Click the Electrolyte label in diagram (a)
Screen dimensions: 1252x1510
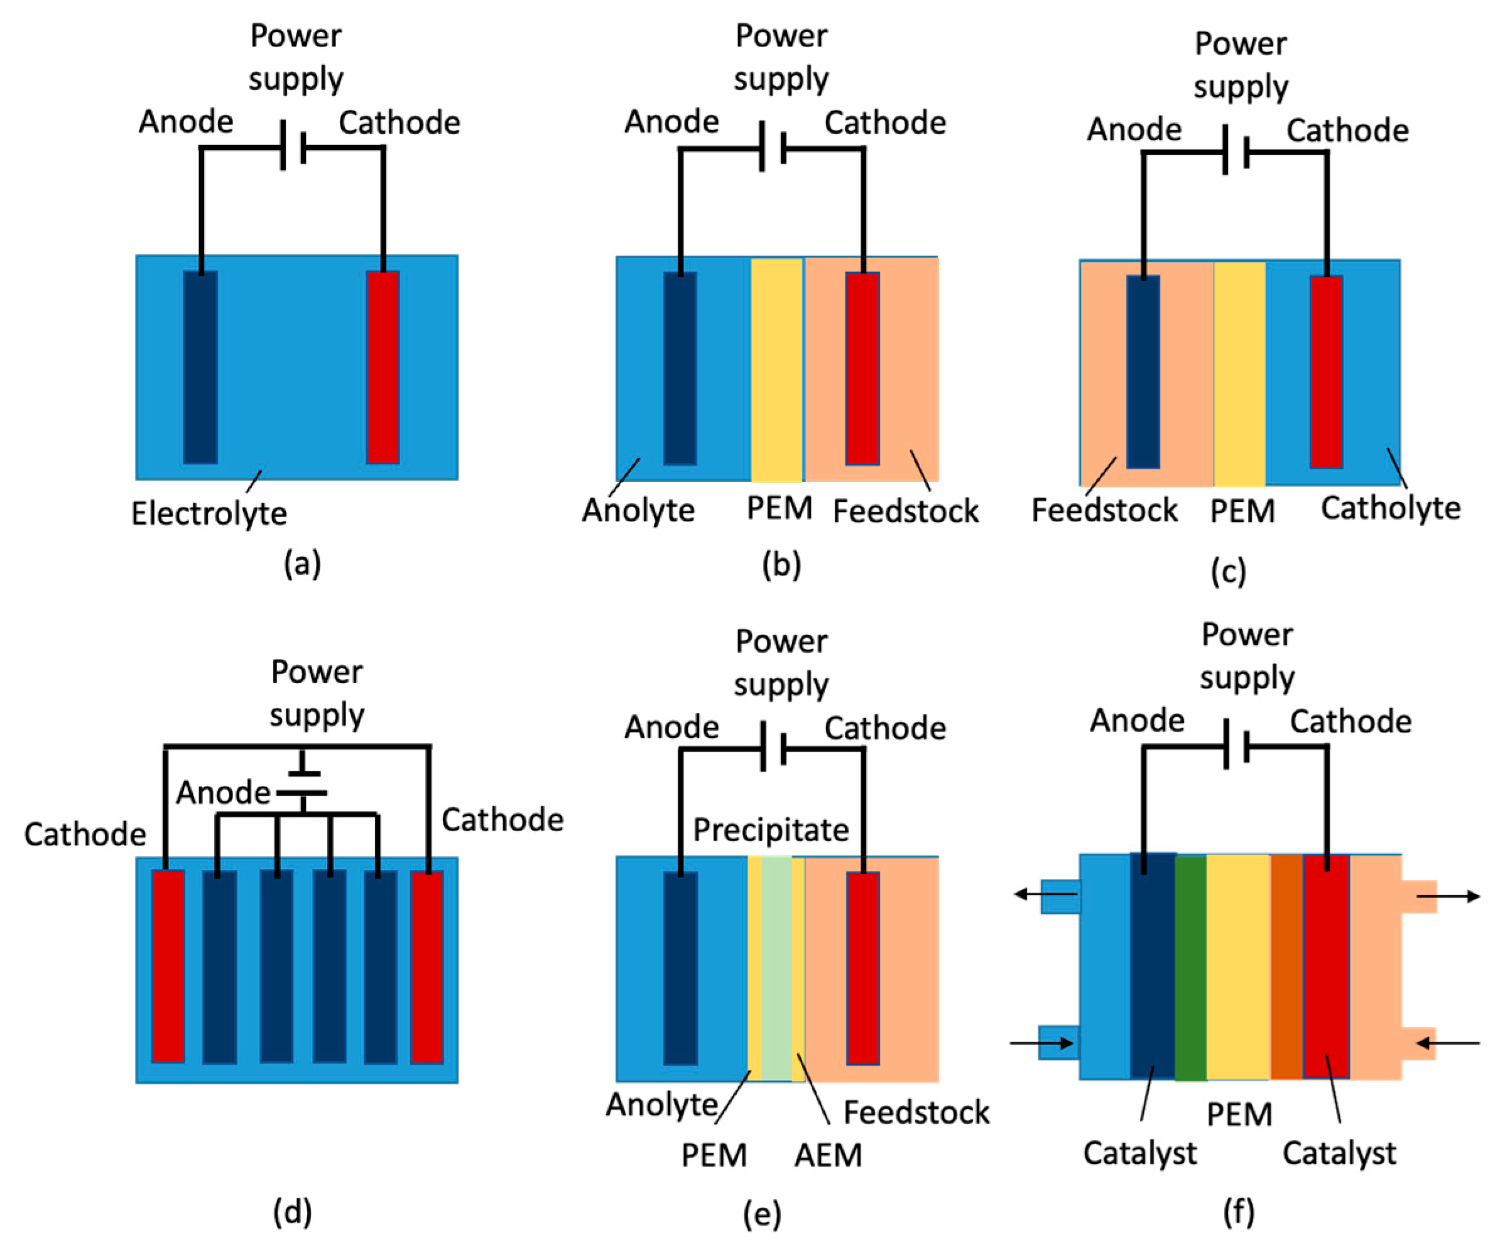coord(209,513)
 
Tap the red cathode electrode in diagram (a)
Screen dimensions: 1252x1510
coord(383,367)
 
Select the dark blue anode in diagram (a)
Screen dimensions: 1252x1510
coord(200,367)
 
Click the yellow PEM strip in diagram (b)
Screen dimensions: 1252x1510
coord(776,369)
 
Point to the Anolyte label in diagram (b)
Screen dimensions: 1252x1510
coord(639,510)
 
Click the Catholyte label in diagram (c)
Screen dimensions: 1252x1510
coord(1391,508)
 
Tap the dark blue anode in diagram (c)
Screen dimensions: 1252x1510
coord(1143,372)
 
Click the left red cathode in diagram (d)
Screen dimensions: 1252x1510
coord(168,966)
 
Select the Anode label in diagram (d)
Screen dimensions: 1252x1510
coord(223,793)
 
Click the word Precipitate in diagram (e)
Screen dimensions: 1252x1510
coord(771,830)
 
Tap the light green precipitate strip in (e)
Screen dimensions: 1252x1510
coord(776,968)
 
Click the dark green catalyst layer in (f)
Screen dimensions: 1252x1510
coord(1191,968)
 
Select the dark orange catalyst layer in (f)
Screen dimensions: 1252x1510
coord(1286,967)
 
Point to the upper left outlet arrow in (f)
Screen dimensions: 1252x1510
coord(1045,895)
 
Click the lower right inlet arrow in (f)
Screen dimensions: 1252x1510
coord(1447,1043)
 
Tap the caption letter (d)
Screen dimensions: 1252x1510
coord(292,1212)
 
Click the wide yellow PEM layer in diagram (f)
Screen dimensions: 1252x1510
coord(1238,967)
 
